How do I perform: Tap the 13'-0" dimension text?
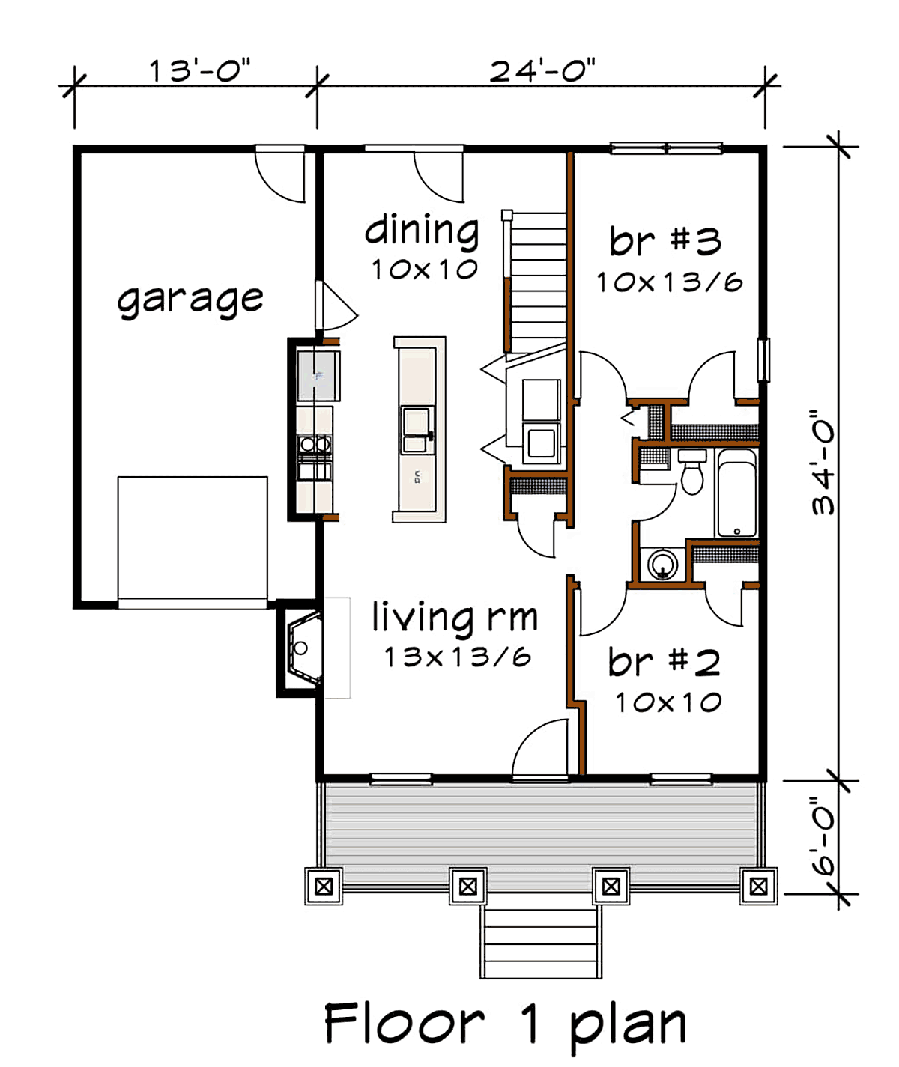[200, 70]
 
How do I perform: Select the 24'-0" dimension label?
[542, 70]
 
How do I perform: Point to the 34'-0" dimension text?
[823, 462]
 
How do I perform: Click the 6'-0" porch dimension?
[823, 837]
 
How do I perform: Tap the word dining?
[422, 231]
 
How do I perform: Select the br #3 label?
[665, 240]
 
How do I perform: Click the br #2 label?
[665, 662]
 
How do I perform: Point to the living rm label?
[455, 618]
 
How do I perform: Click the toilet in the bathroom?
[692, 472]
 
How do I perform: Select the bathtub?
[737, 493]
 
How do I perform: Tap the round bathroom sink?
[662, 565]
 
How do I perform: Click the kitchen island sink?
[417, 430]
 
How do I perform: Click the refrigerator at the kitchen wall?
[318, 376]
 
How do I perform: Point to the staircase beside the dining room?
[535, 281]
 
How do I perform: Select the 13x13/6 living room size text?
[458, 657]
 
